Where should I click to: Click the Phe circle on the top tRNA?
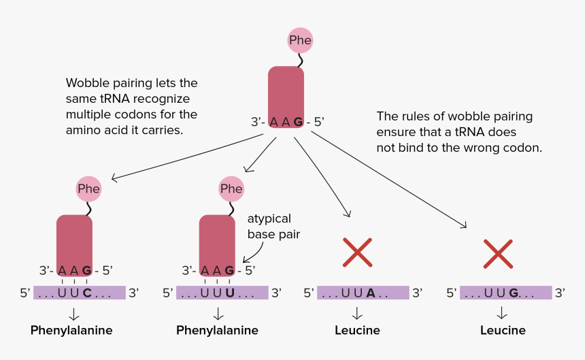(x=300, y=40)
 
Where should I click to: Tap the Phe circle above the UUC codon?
(x=88, y=189)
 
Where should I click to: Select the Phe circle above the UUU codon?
(x=231, y=189)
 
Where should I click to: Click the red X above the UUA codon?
(x=357, y=252)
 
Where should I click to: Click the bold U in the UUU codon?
(x=229, y=293)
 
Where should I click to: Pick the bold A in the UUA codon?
(x=370, y=293)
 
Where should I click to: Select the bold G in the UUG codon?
(x=513, y=293)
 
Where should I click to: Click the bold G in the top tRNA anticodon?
(x=297, y=122)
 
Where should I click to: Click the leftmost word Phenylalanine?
(x=71, y=331)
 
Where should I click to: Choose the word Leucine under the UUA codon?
(x=357, y=331)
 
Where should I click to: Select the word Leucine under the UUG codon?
(x=503, y=331)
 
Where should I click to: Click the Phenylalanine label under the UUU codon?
(x=217, y=331)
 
